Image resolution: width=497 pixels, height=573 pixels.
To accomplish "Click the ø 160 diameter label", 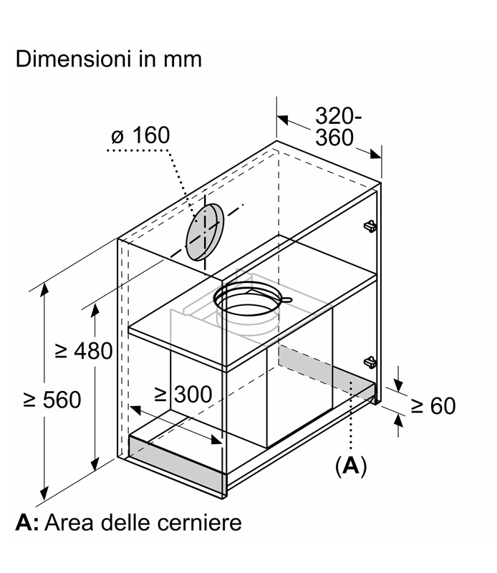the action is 140,135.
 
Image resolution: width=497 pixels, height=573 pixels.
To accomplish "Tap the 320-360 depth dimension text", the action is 338,127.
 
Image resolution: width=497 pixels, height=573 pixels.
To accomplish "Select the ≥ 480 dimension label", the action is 84,351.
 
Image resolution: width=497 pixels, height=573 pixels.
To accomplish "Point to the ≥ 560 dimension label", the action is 52,400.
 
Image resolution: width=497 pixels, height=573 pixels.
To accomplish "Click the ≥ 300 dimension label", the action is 183,395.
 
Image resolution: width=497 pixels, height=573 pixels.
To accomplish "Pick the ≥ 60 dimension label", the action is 433,405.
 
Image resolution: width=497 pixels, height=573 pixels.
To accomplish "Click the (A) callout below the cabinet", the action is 351,466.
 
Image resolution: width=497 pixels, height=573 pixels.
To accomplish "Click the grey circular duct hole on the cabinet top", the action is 205,231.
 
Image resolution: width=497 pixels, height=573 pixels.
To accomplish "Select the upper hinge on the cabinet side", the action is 370,226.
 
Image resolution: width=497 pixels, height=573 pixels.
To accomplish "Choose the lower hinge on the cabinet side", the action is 370,362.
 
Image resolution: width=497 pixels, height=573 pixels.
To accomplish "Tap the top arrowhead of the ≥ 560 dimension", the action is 44,289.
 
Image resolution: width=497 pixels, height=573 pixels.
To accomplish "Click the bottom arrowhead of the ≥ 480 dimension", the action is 95,464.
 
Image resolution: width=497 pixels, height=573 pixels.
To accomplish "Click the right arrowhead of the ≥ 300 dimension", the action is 216,440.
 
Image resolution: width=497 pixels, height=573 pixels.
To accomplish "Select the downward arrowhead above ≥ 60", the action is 399,386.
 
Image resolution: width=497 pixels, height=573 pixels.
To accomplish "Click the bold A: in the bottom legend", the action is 26,523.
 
